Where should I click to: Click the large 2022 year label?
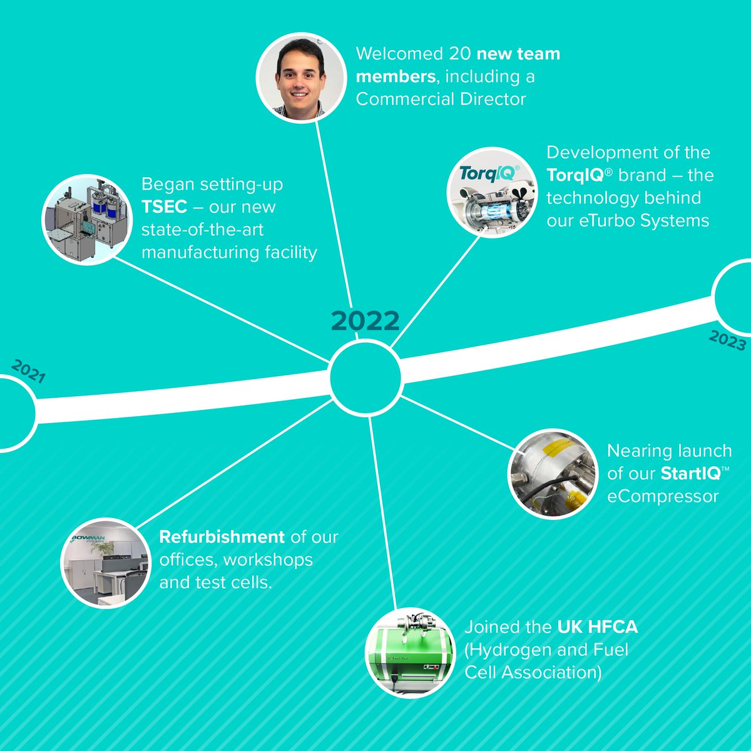click(365, 320)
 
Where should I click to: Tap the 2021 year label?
click(28, 371)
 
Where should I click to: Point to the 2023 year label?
click(727, 340)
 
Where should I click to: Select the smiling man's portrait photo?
click(301, 78)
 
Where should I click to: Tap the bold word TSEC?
click(164, 207)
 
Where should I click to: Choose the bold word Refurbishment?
click(222, 537)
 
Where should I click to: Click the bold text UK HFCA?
click(598, 627)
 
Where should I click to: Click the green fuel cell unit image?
click(410, 653)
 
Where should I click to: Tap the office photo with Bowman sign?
click(106, 563)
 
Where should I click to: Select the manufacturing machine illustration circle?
click(87, 220)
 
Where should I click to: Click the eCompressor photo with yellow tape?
click(553, 474)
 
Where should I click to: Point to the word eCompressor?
click(663, 496)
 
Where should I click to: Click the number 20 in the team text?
click(460, 54)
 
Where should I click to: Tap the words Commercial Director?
click(441, 99)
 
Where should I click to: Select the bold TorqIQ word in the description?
click(575, 175)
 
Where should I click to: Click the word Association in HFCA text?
click(551, 672)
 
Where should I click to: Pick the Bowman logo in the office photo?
click(88, 539)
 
